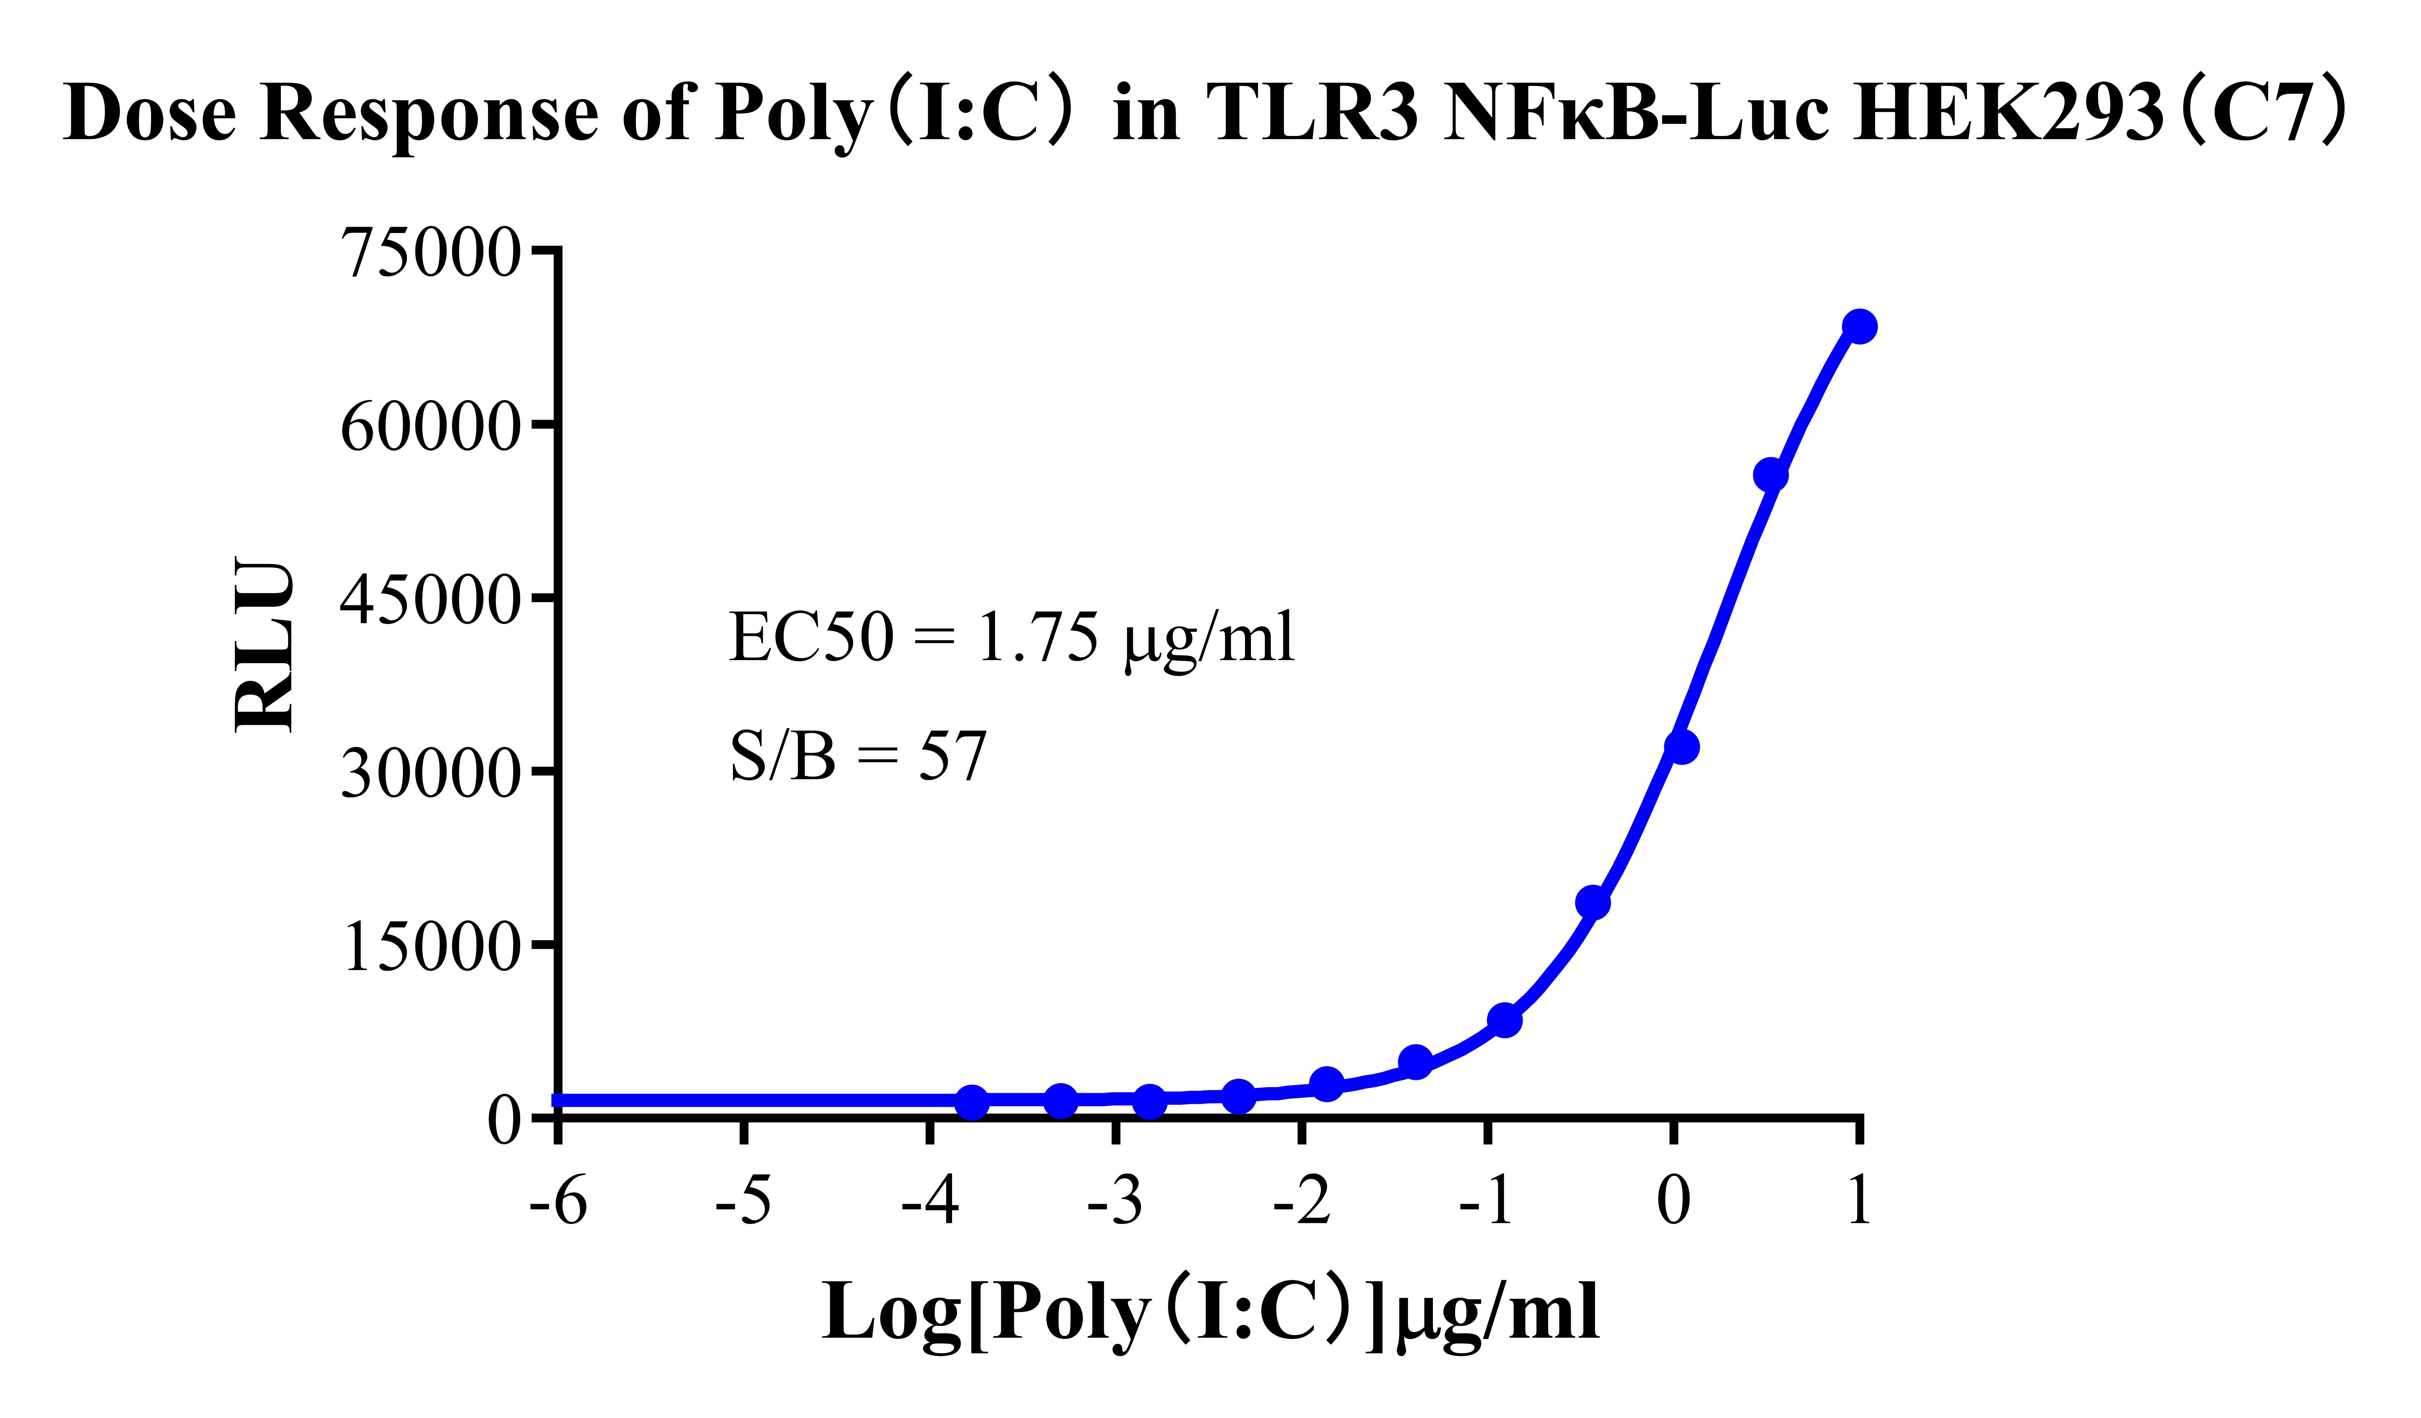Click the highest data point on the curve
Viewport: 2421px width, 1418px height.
pos(1860,327)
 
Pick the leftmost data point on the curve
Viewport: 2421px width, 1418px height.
pos(972,1102)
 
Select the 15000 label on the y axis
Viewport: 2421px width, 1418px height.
pos(431,947)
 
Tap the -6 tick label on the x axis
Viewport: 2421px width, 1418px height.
pos(558,1201)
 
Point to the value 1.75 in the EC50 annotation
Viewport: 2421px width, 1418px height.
pos(1038,638)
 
